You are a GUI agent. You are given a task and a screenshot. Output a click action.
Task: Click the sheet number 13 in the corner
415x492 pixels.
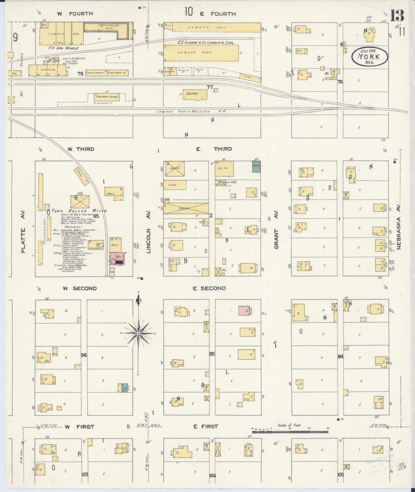[397, 16]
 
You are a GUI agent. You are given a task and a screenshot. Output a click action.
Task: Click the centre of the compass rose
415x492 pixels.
[138, 333]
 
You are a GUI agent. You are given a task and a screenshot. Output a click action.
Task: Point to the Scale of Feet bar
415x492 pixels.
[290, 432]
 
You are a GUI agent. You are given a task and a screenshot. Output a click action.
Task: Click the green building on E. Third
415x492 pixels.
[256, 167]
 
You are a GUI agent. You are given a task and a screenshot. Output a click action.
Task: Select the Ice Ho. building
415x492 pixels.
[224, 168]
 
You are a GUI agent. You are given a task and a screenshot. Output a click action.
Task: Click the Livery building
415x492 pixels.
[175, 168]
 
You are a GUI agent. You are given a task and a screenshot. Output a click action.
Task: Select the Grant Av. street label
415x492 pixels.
[276, 239]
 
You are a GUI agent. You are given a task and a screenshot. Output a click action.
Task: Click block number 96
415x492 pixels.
[84, 355]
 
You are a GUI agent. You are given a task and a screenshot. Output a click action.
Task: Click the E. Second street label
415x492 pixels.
[209, 288]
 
